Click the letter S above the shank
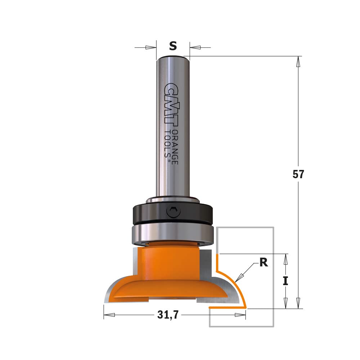click(x=173, y=46)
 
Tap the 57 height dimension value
click(x=298, y=174)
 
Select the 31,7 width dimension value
click(x=168, y=315)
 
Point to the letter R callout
click(x=264, y=262)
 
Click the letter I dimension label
click(x=285, y=281)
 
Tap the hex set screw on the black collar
click(x=173, y=211)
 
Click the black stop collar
click(x=173, y=213)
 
